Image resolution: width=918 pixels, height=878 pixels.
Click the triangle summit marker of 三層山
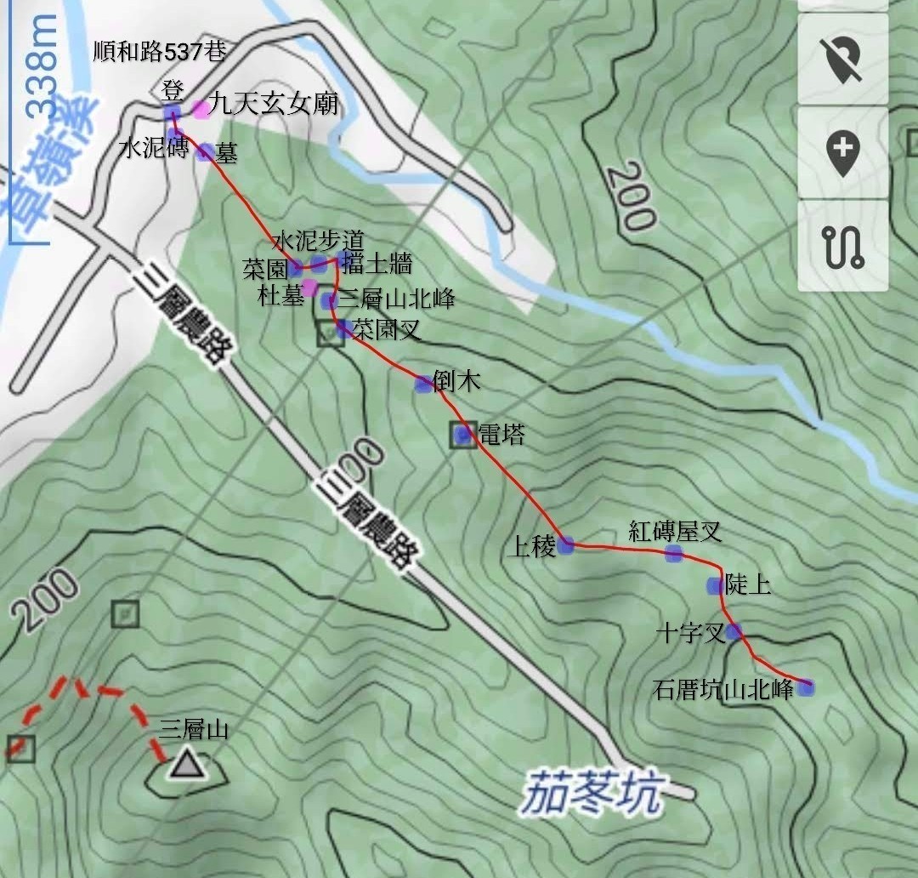click(185, 765)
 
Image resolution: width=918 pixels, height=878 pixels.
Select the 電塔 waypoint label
click(501, 435)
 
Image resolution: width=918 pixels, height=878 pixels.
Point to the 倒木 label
click(456, 381)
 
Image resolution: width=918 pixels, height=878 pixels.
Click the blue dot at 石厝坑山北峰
click(805, 687)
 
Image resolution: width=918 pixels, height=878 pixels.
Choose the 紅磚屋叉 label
click(675, 533)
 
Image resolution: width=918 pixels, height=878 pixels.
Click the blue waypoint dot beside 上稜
click(566, 545)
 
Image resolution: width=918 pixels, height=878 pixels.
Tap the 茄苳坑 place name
click(592, 791)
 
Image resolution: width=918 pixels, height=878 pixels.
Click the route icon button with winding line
click(842, 246)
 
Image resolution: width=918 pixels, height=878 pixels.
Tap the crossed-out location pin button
click(842, 59)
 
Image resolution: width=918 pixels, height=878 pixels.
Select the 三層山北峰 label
click(397, 299)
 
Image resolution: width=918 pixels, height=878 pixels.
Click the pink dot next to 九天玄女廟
click(200, 108)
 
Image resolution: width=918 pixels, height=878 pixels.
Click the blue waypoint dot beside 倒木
click(423, 385)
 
